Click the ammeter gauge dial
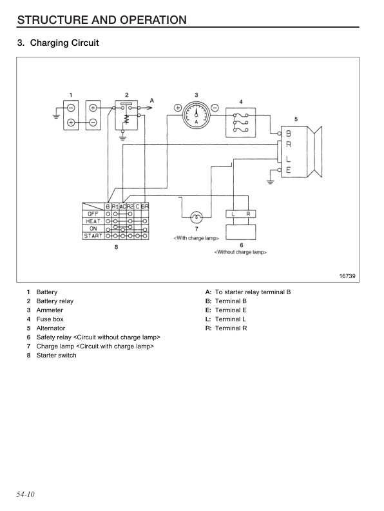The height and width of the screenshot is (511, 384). pyautogui.click(x=196, y=114)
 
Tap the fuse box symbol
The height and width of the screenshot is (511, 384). pyautogui.click(x=241, y=121)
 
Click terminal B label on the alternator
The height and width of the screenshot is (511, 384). pyautogui.click(x=288, y=134)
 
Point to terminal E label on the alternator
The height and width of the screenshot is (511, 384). pyautogui.click(x=288, y=170)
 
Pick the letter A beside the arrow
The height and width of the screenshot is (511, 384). pyautogui.click(x=152, y=100)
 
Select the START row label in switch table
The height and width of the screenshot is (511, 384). pyautogui.click(x=93, y=236)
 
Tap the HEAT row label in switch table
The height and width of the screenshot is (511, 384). pyautogui.click(x=93, y=221)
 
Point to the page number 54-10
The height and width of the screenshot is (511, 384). pyautogui.click(x=26, y=494)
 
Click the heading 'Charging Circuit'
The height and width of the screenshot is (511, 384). pyautogui.click(x=58, y=43)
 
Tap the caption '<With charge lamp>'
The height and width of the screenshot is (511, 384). pyautogui.click(x=197, y=238)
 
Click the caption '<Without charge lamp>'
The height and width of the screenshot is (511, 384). pyautogui.click(x=240, y=252)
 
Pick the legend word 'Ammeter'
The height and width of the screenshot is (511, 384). pyautogui.click(x=49, y=310)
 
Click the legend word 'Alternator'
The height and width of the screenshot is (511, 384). pyautogui.click(x=51, y=328)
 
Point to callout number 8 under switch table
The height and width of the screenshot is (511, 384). pyautogui.click(x=116, y=248)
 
